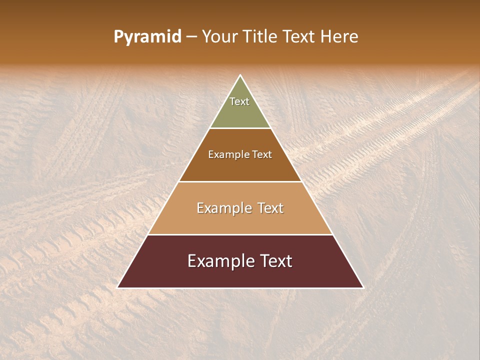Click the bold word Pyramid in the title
click(x=147, y=37)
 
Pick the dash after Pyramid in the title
click(x=191, y=37)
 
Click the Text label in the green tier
click(x=239, y=101)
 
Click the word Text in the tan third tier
click(x=271, y=208)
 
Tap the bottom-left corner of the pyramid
click(x=118, y=287)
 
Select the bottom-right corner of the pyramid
click(x=363, y=287)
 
